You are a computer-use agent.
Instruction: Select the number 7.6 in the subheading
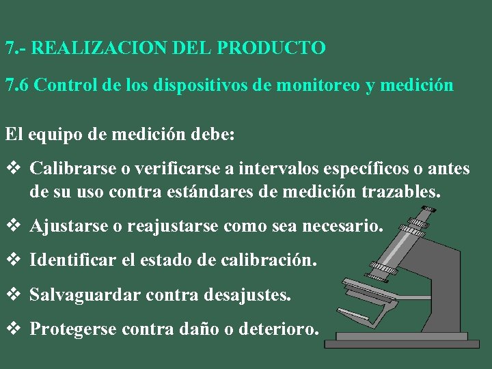(x=17, y=85)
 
